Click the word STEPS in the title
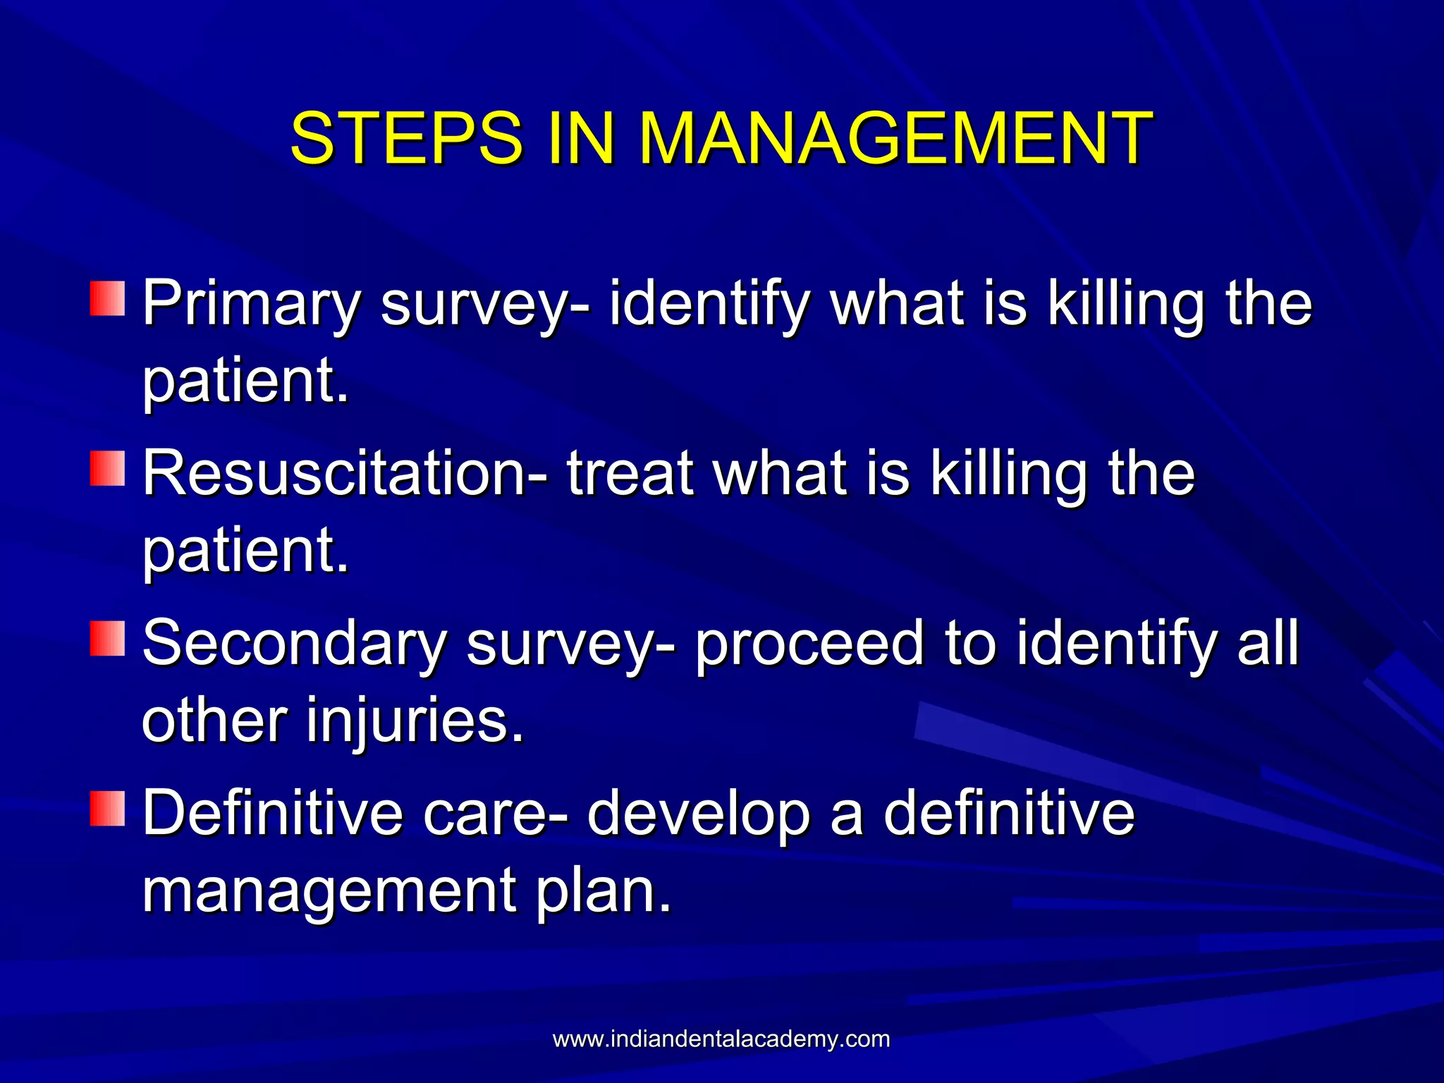click(x=406, y=138)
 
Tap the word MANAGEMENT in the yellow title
click(x=895, y=138)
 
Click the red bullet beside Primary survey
click(x=107, y=299)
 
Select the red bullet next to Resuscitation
click(x=107, y=469)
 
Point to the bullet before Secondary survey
click(x=107, y=639)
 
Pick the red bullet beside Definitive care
click(x=107, y=809)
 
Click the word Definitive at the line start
click(x=272, y=814)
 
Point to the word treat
click(x=630, y=474)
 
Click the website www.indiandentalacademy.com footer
click(x=721, y=1039)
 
